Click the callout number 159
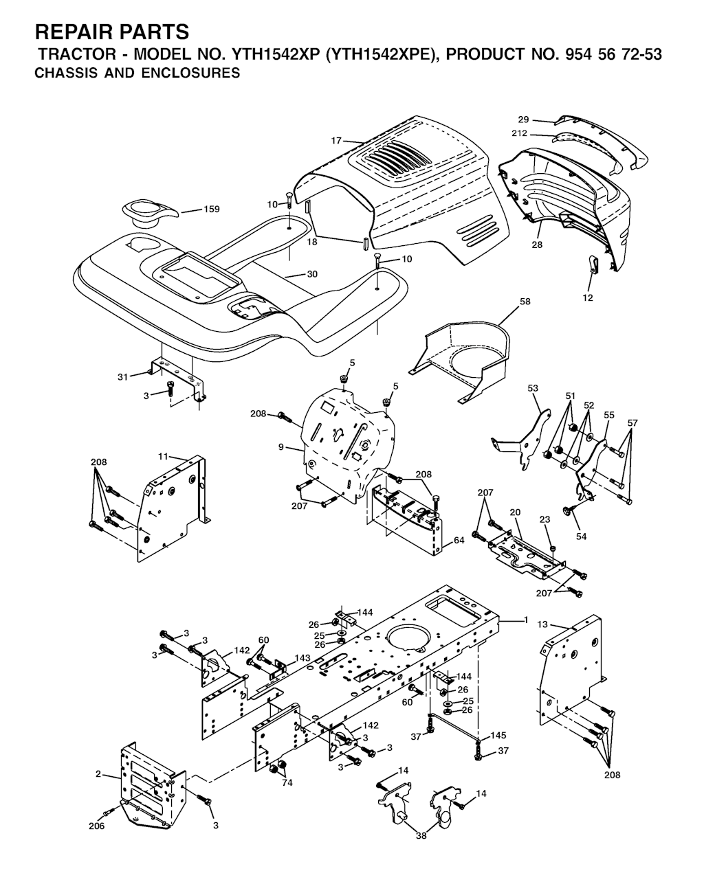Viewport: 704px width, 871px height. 211,209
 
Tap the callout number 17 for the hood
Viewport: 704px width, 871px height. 336,141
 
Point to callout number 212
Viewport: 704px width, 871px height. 519,133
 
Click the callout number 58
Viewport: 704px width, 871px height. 525,302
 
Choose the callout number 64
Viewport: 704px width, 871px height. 459,540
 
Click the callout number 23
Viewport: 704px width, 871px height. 544,519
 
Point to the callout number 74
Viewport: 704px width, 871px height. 287,782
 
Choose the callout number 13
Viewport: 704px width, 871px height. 542,624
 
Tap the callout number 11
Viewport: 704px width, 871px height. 164,456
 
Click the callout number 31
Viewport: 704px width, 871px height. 123,377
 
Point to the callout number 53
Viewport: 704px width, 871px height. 533,388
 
